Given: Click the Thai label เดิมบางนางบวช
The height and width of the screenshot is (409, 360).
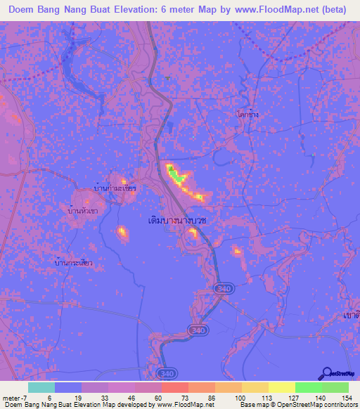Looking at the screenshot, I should click(x=182, y=220).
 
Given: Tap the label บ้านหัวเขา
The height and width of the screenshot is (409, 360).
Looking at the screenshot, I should click(x=82, y=210).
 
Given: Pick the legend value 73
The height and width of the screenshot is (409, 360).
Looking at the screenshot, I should click(x=175, y=397).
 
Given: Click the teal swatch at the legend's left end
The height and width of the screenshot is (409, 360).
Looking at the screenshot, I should click(x=41, y=387).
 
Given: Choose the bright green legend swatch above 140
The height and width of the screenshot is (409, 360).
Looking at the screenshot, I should click(x=308, y=387).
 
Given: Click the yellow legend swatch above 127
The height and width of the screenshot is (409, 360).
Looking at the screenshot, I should click(x=281, y=387).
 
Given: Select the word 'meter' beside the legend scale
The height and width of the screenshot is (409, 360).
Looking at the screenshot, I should click(x=11, y=397).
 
